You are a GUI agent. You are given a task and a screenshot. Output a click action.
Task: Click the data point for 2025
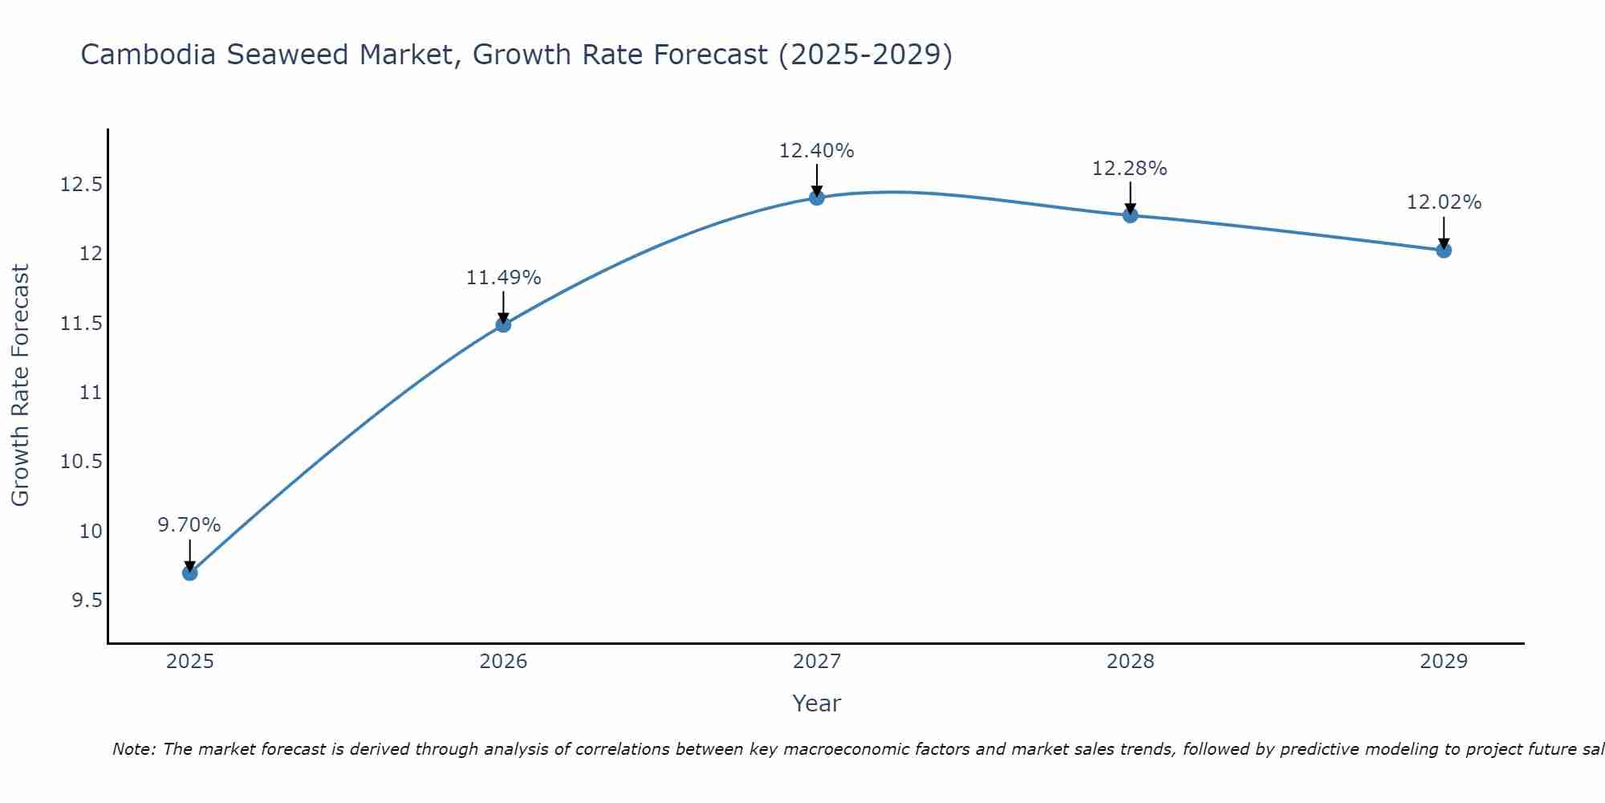point(190,573)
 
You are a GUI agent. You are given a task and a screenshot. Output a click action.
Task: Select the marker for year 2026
point(503,324)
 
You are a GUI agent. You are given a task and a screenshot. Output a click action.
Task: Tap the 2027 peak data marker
point(817,198)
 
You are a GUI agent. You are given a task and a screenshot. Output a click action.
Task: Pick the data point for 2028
point(1130,215)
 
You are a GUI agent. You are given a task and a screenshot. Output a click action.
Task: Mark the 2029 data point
point(1444,251)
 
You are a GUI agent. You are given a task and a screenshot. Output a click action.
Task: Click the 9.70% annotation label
point(189,525)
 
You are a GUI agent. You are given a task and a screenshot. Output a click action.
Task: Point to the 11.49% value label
point(503,278)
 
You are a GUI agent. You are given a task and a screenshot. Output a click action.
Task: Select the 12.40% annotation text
point(816,151)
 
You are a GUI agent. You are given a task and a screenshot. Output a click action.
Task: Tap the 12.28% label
point(1129,169)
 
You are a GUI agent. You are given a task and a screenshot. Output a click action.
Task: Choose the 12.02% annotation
point(1444,202)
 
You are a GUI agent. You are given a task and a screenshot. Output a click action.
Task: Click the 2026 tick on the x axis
point(503,662)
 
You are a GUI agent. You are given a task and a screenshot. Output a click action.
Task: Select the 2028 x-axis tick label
point(1130,662)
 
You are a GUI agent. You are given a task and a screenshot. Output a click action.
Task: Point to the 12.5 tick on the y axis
point(82,185)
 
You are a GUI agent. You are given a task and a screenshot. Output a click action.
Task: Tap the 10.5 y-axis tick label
point(82,462)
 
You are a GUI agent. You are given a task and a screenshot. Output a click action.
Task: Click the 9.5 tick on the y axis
point(87,601)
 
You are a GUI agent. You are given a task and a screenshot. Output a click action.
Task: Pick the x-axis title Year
point(816,703)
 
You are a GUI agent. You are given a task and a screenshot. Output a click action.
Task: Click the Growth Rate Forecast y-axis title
point(20,385)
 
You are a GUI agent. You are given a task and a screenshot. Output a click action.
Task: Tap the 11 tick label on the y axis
point(91,393)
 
